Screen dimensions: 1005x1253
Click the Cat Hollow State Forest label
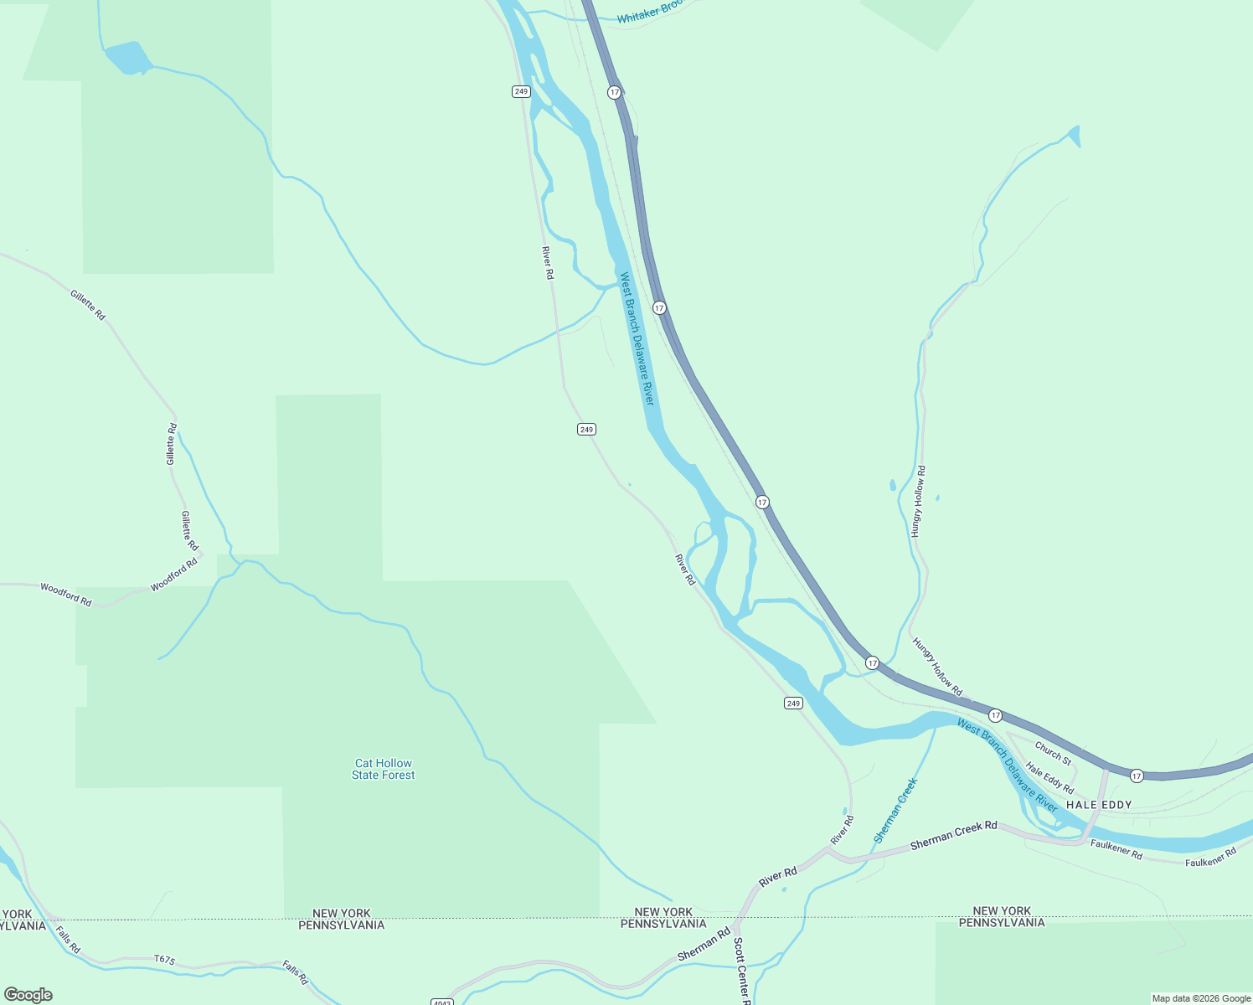tap(383, 769)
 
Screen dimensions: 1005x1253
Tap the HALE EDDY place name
tap(1099, 805)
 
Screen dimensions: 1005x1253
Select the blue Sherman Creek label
tap(895, 810)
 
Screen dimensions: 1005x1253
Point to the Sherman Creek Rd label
tap(954, 835)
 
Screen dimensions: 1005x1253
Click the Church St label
tap(1053, 753)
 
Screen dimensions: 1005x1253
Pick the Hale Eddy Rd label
tap(1049, 778)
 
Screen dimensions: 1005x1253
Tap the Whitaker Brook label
tap(650, 13)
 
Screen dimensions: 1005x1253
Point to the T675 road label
tap(165, 959)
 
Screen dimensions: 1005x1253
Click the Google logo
tap(28, 995)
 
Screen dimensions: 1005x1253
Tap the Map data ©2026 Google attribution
tap(1201, 998)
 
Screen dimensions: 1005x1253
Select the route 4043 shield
tap(441, 1002)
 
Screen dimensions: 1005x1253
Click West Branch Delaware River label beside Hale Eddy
tap(1008, 765)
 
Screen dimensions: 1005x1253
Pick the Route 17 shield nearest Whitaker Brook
tap(615, 92)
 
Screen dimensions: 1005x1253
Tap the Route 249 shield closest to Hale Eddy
tap(793, 703)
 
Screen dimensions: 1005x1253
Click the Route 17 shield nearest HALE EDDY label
tap(1136, 776)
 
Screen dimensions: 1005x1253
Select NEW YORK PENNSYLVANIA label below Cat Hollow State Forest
tap(341, 920)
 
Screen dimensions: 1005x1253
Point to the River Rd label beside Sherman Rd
tap(777, 878)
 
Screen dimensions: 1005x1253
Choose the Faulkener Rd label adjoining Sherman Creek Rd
tap(1116, 848)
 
